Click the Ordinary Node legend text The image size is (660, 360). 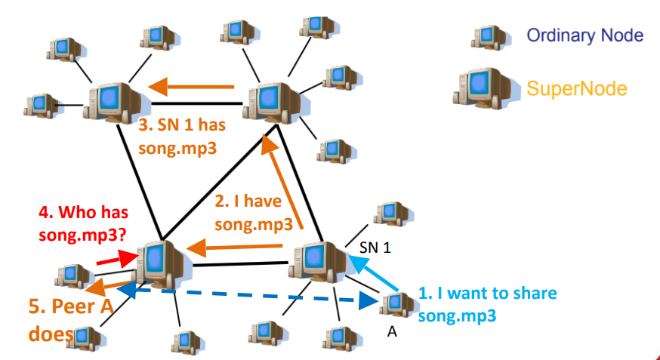pyautogui.click(x=584, y=35)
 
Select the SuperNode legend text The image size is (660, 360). pyautogui.click(x=577, y=88)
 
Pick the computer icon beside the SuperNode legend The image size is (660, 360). pyautogui.click(x=479, y=86)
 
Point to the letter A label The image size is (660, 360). pyautogui.click(x=392, y=330)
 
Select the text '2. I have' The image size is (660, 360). pyautogui.click(x=250, y=202)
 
